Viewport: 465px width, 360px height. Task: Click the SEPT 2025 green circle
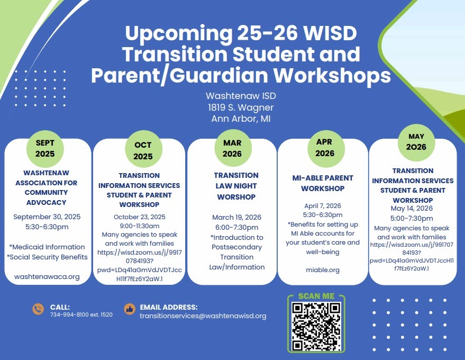[x=45, y=148]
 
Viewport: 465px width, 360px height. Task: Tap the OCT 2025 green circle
[x=143, y=150]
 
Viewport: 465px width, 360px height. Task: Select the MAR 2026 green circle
[x=233, y=148]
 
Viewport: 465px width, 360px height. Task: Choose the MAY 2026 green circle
[x=416, y=142]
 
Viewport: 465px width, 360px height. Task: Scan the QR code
[x=316, y=327]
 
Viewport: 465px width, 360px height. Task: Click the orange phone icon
[x=38, y=309]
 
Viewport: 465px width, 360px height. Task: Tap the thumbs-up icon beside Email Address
[x=129, y=309]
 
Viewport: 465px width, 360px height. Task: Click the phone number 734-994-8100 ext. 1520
[x=81, y=314]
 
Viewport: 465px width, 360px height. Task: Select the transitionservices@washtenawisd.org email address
[x=203, y=316]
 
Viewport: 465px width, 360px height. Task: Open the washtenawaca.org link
[x=47, y=276]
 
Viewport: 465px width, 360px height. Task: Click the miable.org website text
[x=323, y=270]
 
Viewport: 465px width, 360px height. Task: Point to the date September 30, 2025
[x=47, y=217]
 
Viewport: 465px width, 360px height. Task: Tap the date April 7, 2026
[x=323, y=205]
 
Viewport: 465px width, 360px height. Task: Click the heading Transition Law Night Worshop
[x=236, y=186]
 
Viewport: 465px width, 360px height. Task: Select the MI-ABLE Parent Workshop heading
[x=323, y=183]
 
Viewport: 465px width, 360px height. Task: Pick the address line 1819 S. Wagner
[x=241, y=107]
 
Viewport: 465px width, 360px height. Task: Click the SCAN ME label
[x=316, y=296]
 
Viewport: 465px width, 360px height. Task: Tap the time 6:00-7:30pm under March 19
[x=236, y=227]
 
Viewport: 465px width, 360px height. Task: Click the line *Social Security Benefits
[x=47, y=257]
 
